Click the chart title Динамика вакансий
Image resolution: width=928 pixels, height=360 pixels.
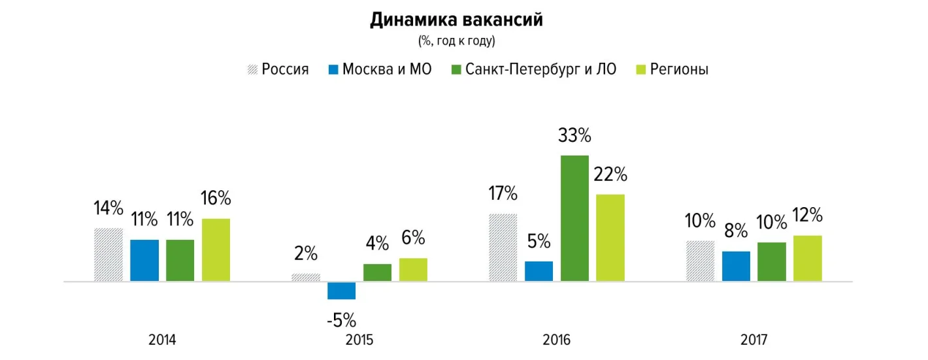click(457, 20)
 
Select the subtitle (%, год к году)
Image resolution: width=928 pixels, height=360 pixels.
click(457, 41)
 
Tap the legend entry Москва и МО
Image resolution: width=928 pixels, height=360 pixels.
click(380, 69)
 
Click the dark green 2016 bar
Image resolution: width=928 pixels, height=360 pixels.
click(574, 218)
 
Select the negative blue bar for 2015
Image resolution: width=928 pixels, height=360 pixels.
click(342, 291)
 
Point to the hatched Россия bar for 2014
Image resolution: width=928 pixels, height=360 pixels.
click(108, 255)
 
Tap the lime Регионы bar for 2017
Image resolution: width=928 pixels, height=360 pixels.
click(808, 259)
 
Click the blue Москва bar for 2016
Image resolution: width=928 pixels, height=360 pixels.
click(539, 271)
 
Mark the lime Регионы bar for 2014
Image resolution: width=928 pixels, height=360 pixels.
click(216, 250)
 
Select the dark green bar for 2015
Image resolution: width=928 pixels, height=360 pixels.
click(377, 272)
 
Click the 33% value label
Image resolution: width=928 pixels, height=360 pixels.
click(574, 137)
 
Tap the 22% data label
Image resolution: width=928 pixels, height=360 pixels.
click(610, 175)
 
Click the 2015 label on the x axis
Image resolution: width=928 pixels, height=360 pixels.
click(359, 340)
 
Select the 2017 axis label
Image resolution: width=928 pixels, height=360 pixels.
click(754, 340)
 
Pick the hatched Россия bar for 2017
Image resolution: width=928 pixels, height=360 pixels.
click(701, 261)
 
